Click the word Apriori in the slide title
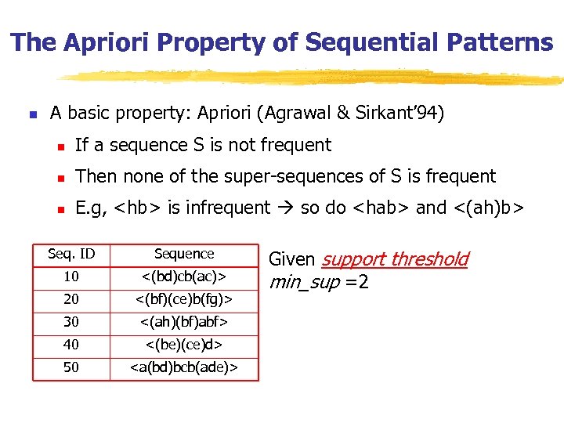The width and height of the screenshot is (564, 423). (99, 42)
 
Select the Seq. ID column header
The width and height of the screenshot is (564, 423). (71, 254)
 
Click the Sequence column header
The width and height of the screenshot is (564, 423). (184, 254)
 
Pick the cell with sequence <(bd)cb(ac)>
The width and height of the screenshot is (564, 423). (184, 277)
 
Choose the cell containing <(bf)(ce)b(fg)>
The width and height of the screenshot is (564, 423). (184, 299)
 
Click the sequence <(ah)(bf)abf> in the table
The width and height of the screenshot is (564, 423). (184, 322)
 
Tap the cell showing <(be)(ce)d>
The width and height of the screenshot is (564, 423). (184, 345)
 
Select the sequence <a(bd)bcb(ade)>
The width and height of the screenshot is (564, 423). (184, 367)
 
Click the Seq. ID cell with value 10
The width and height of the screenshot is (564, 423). (71, 277)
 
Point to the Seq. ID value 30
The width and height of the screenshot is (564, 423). (71, 322)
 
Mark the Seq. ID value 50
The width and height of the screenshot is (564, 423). (71, 367)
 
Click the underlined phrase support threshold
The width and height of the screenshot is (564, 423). (395, 259)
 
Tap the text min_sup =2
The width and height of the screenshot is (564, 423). (318, 281)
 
